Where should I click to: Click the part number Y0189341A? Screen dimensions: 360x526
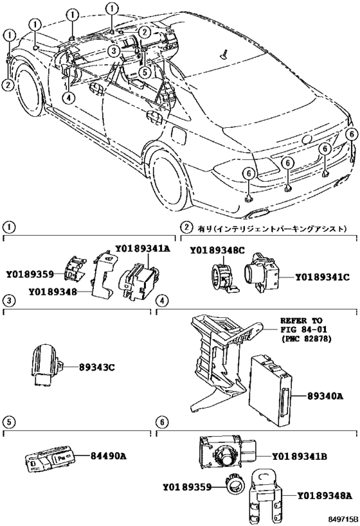pos(143,249)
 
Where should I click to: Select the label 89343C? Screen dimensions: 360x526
pos(96,367)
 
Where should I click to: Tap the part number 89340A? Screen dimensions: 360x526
pos(325,396)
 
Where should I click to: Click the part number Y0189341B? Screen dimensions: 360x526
pos(299,456)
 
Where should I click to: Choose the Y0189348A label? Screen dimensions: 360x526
pos(325,495)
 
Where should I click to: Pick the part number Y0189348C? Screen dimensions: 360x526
pos(217,250)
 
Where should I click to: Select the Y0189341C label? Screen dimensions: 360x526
pos(322,277)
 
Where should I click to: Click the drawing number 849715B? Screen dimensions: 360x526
pos(343,520)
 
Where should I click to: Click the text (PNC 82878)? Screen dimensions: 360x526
pos(305,339)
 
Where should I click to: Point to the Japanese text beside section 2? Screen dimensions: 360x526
pos(271,229)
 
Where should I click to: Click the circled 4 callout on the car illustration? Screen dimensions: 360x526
pos(68,98)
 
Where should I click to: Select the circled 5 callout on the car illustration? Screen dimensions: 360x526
pos(144,71)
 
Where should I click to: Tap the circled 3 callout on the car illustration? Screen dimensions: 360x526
pos(114,51)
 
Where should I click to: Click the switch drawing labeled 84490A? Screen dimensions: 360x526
pos(50,458)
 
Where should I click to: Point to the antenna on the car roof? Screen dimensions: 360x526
pos(224,55)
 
